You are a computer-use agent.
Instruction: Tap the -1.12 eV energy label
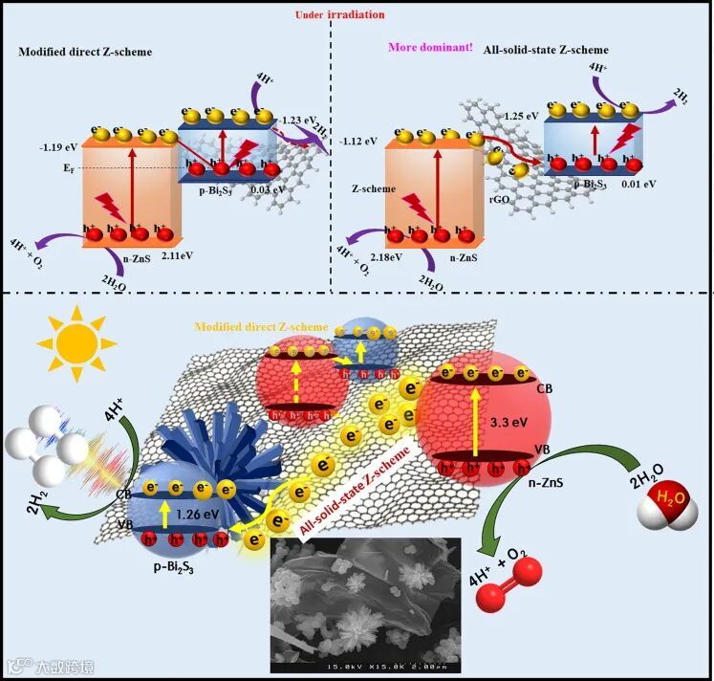pos(363,141)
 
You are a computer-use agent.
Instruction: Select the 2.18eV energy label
pos(363,256)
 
